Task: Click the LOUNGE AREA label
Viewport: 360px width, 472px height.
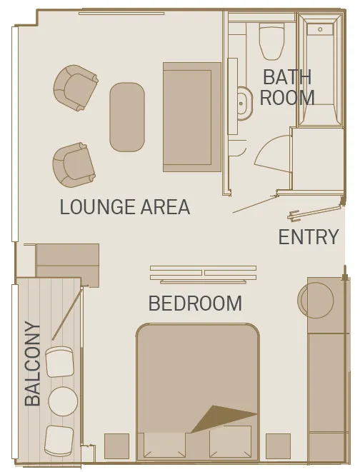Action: click(x=125, y=207)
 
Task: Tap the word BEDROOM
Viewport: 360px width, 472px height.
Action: click(x=195, y=303)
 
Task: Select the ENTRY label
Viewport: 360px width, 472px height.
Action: click(x=309, y=237)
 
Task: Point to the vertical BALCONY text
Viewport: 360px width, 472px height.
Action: click(x=32, y=363)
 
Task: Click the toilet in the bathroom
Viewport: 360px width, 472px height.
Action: click(x=272, y=41)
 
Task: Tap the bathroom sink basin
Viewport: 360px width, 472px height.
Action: click(x=243, y=104)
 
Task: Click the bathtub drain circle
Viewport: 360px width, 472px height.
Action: click(x=320, y=29)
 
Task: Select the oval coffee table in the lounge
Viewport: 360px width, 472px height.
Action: click(x=127, y=117)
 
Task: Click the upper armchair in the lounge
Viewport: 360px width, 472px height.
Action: click(x=76, y=88)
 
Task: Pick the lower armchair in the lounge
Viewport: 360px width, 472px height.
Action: click(x=74, y=165)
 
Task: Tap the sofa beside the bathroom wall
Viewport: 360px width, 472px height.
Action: click(x=192, y=117)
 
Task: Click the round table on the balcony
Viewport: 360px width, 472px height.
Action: click(x=63, y=401)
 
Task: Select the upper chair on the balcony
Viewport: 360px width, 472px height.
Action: click(x=59, y=362)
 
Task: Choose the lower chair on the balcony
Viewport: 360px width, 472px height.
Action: click(x=59, y=441)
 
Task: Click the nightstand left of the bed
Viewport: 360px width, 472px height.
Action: click(x=117, y=446)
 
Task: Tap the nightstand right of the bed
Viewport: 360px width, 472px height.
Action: click(x=278, y=446)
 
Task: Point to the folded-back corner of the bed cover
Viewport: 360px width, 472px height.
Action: click(x=223, y=418)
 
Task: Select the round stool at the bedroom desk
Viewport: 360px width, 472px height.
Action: click(x=316, y=300)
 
